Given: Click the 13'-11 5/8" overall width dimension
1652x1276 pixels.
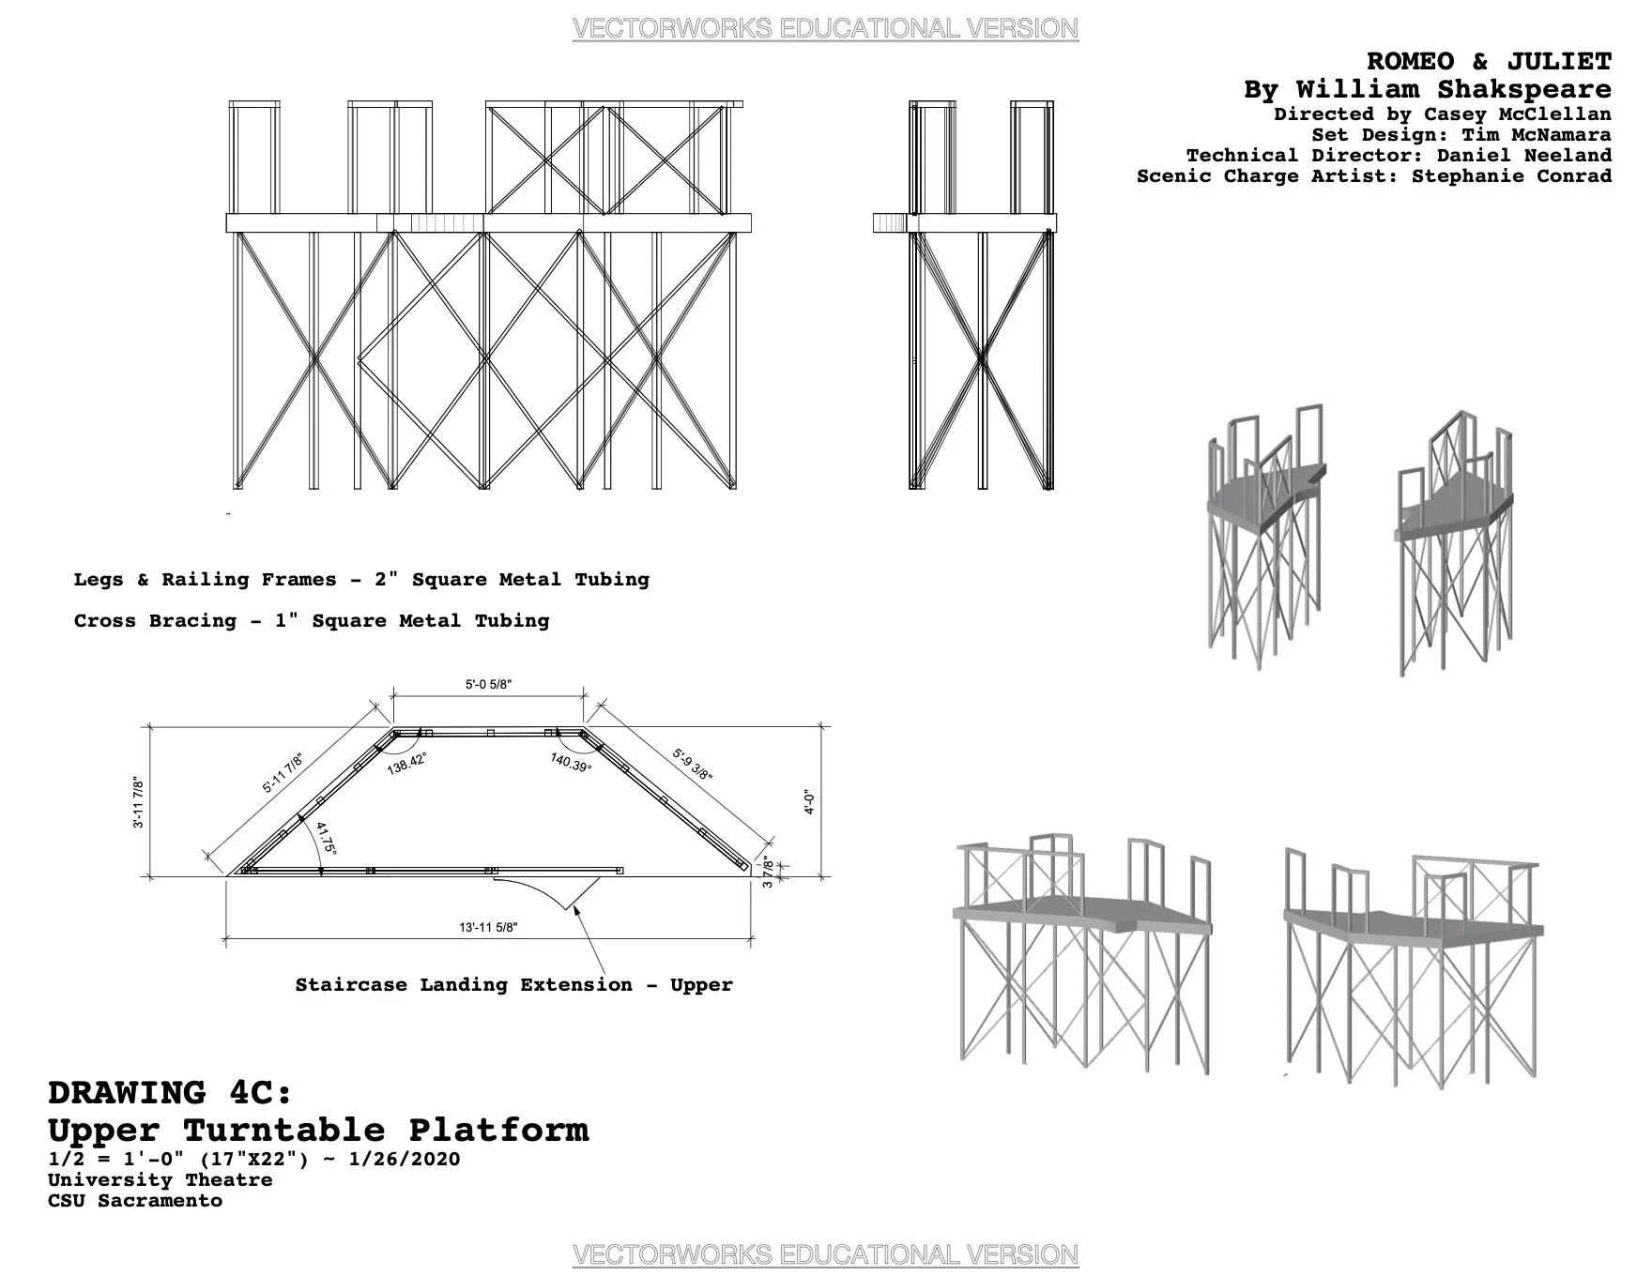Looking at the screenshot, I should pos(488,928).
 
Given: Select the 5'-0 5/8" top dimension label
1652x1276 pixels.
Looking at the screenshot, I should pos(488,685).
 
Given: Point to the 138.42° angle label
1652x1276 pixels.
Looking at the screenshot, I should pos(407,763).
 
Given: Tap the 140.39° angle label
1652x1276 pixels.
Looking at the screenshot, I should pos(571,763).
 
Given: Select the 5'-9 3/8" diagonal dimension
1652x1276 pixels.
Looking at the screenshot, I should pos(693,764).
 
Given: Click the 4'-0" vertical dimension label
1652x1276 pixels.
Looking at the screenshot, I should pos(810,801).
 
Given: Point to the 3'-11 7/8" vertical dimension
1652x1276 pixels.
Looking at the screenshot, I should pos(139,801).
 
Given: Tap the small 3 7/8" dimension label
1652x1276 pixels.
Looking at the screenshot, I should pos(768,872).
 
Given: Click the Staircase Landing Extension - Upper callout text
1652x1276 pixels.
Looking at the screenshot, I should pos(513,985).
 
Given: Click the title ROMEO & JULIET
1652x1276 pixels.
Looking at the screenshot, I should pos(1489,62).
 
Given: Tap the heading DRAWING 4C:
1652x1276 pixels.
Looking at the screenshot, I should pos(170,1093).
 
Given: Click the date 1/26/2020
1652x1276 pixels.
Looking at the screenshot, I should pos(404,1159).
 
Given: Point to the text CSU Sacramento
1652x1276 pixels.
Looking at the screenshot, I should pos(135,1201).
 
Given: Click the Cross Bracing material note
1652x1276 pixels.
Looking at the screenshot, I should pos(312,621).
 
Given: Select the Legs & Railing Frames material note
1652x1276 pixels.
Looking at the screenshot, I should pos(361,580).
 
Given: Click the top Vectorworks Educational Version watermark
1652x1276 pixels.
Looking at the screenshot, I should pos(825,29).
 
